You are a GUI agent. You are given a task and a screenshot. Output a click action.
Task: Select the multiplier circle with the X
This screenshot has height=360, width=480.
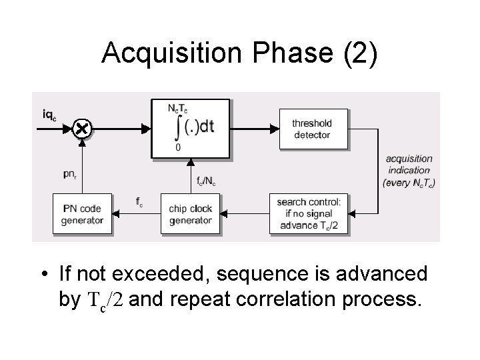point(81,128)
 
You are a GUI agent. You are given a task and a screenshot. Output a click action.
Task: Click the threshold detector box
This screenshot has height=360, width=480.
point(311,129)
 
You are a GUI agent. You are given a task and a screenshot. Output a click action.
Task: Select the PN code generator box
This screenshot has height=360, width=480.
point(83,214)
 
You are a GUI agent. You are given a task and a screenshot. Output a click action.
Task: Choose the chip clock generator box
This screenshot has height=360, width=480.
point(191,214)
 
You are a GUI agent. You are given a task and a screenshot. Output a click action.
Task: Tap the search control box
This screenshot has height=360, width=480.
point(309,214)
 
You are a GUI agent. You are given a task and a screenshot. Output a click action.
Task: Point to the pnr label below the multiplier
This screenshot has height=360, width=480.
point(70,174)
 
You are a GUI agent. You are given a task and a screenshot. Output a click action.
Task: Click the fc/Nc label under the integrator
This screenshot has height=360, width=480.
point(206,179)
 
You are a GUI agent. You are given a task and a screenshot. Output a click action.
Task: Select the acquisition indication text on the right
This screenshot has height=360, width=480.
point(409,171)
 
